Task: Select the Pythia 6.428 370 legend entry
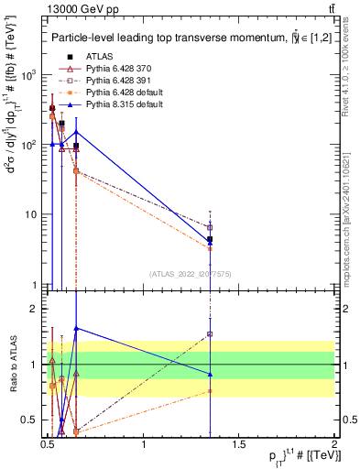[114, 69]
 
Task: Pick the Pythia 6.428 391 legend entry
[114, 81]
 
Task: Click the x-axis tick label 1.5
[239, 445]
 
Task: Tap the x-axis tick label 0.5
[48, 445]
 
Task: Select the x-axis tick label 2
[334, 445]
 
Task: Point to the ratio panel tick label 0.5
[32, 420]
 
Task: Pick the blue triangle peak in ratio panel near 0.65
[76, 328]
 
